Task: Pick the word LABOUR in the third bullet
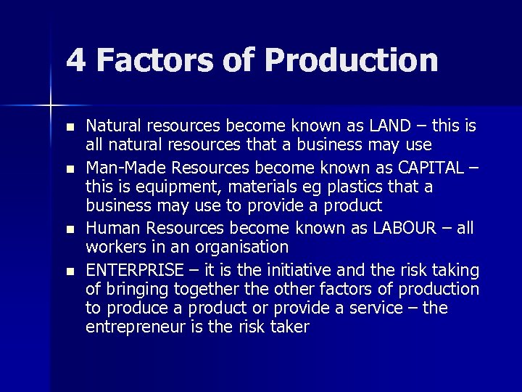click(x=404, y=228)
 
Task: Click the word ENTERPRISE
click(x=135, y=271)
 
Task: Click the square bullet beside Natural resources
click(x=70, y=127)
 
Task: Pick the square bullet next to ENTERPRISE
click(x=70, y=271)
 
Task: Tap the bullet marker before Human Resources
click(x=70, y=229)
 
